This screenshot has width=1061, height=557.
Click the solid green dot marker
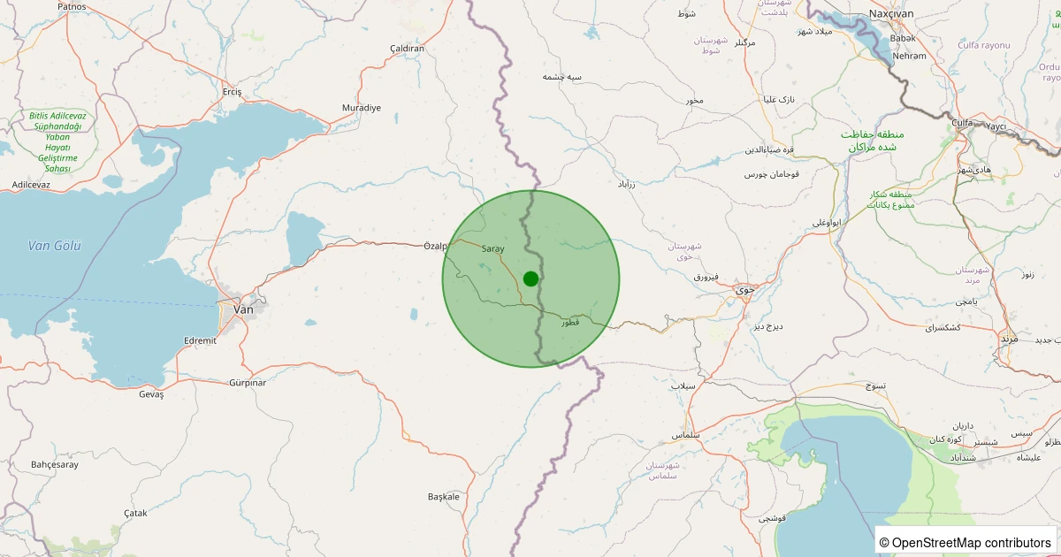click(x=530, y=278)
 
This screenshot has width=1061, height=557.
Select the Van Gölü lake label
click(x=55, y=246)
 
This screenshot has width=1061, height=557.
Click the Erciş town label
click(x=232, y=92)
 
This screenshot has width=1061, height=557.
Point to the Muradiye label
click(x=362, y=108)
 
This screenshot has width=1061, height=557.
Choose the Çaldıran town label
click(x=407, y=49)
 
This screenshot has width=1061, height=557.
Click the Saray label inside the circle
click(x=492, y=249)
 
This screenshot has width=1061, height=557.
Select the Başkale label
click(x=444, y=497)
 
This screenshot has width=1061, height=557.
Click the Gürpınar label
click(x=248, y=383)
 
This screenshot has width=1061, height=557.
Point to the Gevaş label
click(x=152, y=394)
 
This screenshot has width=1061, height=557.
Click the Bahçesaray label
click(x=55, y=464)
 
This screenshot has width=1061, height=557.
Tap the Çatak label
click(x=135, y=513)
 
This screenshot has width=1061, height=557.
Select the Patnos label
click(x=72, y=6)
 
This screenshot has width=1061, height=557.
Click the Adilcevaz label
click(x=31, y=184)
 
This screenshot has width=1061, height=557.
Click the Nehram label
click(x=910, y=56)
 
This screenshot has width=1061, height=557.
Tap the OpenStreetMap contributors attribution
click(x=966, y=542)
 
